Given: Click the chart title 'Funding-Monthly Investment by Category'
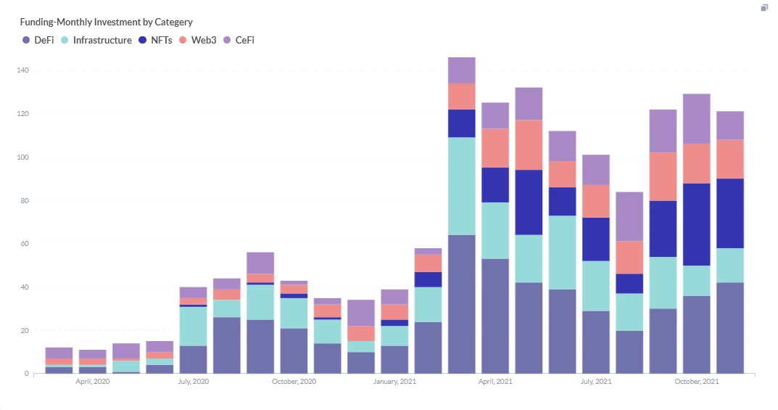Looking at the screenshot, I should (x=106, y=22).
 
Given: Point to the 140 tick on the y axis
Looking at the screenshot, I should (x=22, y=70).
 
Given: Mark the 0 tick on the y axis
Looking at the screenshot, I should (x=27, y=374).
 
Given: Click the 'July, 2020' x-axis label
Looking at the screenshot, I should (x=193, y=381).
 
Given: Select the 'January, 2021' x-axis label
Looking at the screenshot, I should (x=394, y=381).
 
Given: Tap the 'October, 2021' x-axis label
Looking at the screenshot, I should (x=697, y=381).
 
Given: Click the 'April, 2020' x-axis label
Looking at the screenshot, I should (x=92, y=381).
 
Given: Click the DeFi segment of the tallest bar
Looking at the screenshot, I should (x=461, y=304).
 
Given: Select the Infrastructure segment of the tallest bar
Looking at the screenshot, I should (x=461, y=186).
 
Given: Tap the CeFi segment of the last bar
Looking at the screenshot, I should (x=730, y=125).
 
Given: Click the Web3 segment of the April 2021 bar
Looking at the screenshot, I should (x=495, y=148).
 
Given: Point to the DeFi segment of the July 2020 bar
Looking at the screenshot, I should (x=193, y=359).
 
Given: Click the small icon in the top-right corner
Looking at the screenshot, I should (x=764, y=8).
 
